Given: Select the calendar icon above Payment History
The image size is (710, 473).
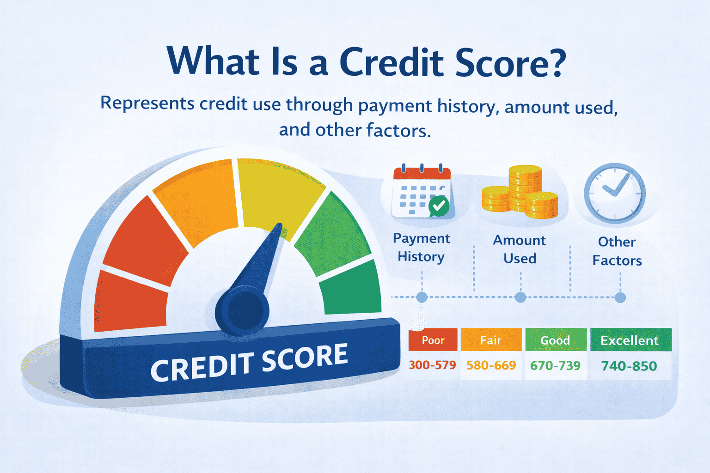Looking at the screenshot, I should (x=421, y=192).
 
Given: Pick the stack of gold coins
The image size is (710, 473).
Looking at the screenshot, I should (x=520, y=192).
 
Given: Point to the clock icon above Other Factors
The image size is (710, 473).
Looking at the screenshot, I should (x=614, y=193).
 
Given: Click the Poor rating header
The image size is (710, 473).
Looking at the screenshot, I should (x=433, y=340).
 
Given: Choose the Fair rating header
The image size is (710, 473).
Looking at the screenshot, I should (x=491, y=340).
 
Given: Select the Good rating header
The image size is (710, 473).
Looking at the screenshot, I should (x=555, y=340).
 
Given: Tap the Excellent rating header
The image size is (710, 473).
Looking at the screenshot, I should (x=630, y=340).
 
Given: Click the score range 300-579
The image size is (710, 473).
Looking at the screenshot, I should (x=433, y=365).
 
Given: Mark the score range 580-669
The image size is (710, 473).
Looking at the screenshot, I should (x=491, y=365).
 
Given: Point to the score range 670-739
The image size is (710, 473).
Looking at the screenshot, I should (x=555, y=366).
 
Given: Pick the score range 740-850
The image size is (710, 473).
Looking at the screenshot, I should (x=629, y=366).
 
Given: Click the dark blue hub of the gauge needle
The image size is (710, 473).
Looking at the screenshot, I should (x=242, y=309).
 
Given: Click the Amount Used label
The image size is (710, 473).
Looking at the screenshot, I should (x=520, y=249).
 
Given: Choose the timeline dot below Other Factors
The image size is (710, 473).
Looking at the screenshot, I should (x=620, y=297).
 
